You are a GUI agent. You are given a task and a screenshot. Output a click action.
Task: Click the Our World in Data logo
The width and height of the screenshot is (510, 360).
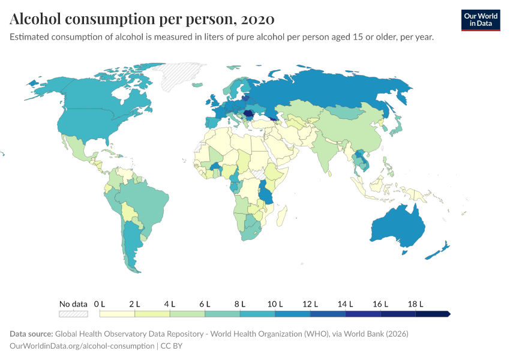[x=481, y=20]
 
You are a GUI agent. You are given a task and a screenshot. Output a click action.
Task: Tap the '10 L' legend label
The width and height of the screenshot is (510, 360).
[x=275, y=304]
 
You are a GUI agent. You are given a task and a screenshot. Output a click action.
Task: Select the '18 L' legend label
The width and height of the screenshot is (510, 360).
[x=415, y=304]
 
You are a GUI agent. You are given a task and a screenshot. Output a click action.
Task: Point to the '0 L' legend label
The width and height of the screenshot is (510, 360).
[x=100, y=304]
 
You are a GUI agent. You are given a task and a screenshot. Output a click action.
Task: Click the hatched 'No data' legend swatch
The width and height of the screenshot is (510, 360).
[x=73, y=314]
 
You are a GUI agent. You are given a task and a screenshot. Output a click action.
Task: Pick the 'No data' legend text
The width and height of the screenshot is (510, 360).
[x=73, y=304]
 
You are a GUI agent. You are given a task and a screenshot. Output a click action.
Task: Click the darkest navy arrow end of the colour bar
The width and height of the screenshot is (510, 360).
[x=446, y=314]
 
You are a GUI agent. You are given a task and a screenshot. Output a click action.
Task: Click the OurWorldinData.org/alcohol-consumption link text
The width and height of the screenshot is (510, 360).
[x=82, y=346]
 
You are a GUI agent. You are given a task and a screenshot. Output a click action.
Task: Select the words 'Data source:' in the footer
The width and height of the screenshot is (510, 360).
[x=31, y=334]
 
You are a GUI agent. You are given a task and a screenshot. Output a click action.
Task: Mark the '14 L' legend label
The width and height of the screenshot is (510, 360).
[x=345, y=304]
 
